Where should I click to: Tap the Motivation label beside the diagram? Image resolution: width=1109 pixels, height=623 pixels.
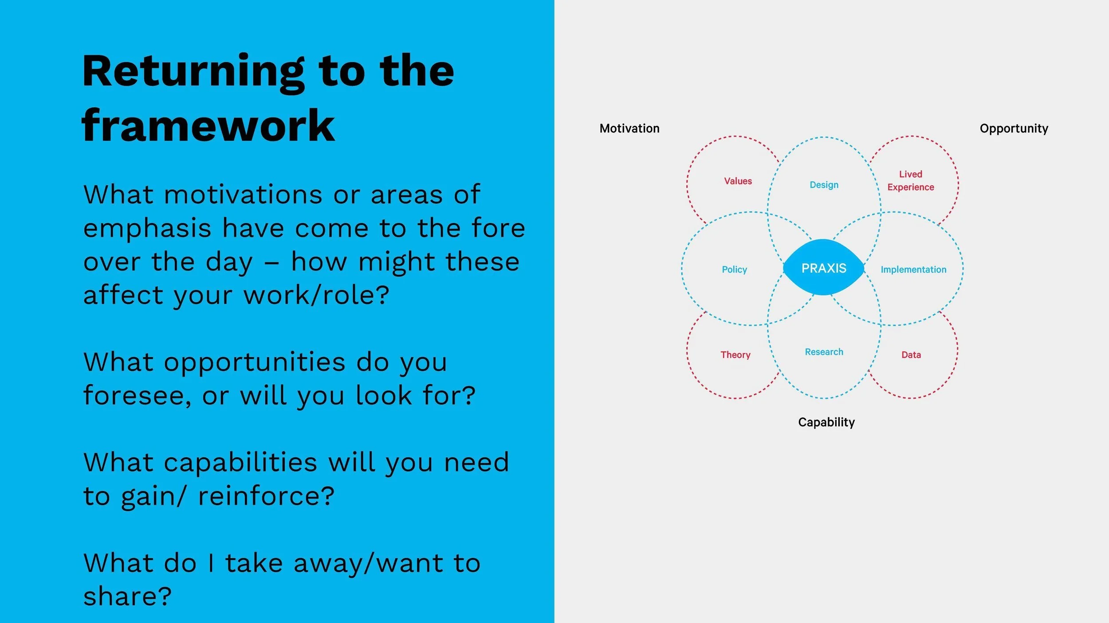(629, 128)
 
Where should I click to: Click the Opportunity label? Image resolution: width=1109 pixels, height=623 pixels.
(1014, 128)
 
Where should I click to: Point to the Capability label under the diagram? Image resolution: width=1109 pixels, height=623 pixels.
(826, 422)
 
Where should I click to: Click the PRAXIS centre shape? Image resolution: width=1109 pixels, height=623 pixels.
(824, 268)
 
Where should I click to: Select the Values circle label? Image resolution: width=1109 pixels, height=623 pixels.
(738, 181)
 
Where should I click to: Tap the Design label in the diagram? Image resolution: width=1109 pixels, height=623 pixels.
(824, 185)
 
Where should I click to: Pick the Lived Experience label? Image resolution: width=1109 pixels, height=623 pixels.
(910, 181)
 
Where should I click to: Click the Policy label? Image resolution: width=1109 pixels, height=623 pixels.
(734, 269)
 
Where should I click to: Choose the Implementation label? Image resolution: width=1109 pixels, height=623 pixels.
(913, 269)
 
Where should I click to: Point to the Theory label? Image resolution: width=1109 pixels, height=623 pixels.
(735, 354)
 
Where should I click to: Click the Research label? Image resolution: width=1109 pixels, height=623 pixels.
(824, 352)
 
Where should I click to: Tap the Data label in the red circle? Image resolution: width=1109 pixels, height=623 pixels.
(911, 354)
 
